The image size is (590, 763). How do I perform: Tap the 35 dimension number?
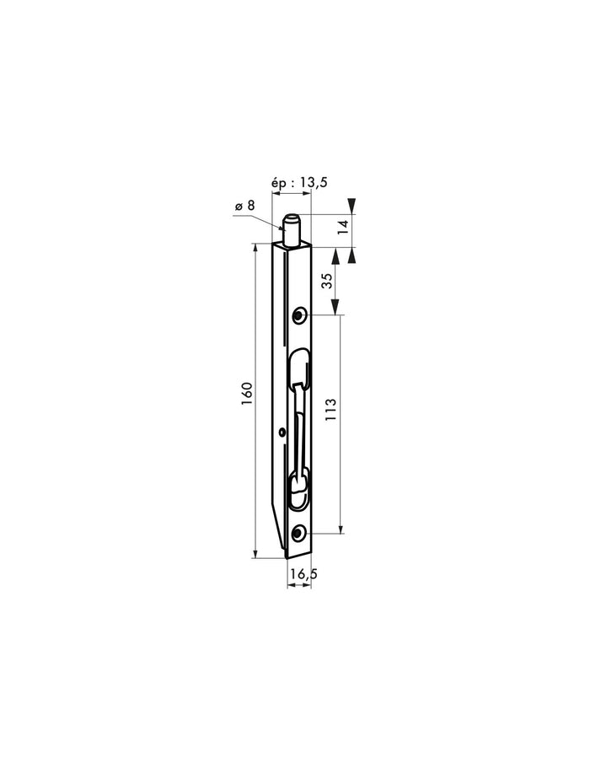pyautogui.click(x=326, y=281)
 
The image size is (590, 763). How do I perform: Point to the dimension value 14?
pyautogui.click(x=342, y=226)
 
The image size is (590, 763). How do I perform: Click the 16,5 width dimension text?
pyautogui.click(x=302, y=573)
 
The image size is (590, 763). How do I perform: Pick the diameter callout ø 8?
pyautogui.click(x=245, y=206)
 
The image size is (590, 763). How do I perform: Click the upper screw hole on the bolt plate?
pyautogui.click(x=298, y=315)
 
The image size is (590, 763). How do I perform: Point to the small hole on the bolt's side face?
pyautogui.click(x=280, y=433)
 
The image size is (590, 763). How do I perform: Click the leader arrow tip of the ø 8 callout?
pyautogui.click(x=285, y=228)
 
